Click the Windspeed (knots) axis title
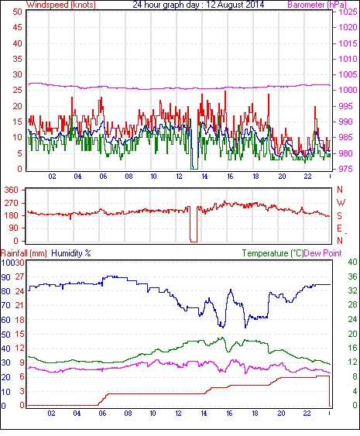point(61,5)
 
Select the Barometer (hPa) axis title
point(317,5)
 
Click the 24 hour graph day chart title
point(198,5)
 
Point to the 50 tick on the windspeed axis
point(17,12)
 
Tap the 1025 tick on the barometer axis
point(347,12)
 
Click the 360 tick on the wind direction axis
point(12,191)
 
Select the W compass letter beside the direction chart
point(341,202)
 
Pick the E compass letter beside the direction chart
point(339,228)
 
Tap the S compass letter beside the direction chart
point(339,215)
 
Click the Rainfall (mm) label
point(24,253)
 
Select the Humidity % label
point(71,253)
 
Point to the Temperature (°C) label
point(273,253)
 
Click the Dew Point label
point(323,253)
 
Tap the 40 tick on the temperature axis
point(353,262)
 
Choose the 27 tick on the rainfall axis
point(19,277)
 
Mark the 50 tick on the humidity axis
point(6,335)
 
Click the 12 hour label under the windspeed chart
point(179,177)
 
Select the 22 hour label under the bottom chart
point(307,414)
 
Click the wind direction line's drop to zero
point(194,242)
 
